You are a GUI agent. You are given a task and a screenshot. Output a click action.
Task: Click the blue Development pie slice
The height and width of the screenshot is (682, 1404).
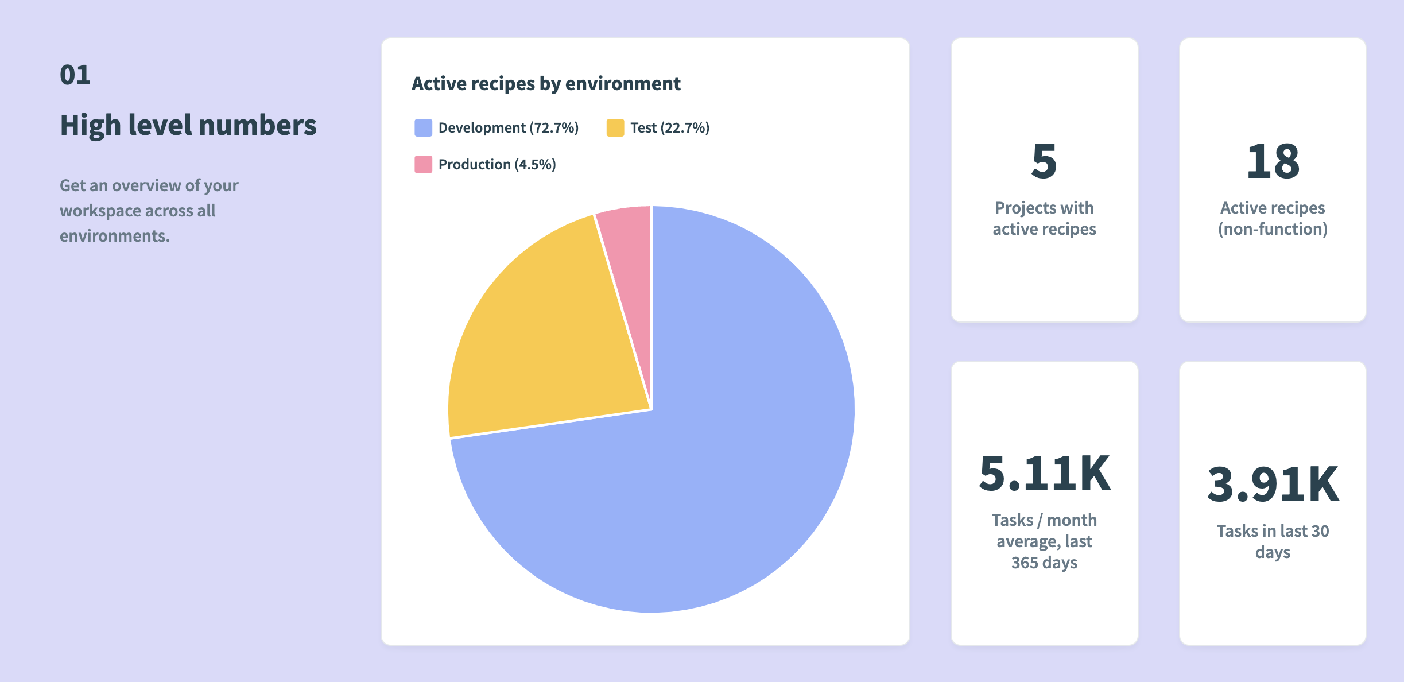717,459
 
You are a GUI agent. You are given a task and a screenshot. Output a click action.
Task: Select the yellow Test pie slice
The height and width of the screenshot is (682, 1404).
545,344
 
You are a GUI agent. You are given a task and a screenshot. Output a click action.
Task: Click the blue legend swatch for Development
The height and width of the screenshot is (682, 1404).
423,127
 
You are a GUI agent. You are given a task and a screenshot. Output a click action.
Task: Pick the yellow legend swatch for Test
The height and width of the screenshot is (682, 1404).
615,127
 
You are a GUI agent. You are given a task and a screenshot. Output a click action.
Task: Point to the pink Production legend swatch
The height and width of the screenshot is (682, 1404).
423,164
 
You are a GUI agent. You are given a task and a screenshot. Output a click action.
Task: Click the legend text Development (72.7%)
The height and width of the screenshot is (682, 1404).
508,127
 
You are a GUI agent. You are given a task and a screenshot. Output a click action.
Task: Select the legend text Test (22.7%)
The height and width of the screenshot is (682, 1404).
669,127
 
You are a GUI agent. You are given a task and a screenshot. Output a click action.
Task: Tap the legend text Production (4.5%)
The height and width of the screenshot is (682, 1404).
497,164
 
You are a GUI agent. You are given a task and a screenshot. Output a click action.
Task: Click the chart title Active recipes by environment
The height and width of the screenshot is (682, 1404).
545,84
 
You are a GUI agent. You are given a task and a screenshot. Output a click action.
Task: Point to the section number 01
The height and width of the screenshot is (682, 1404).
75,75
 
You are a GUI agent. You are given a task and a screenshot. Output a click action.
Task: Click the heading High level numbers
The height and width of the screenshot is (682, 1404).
188,125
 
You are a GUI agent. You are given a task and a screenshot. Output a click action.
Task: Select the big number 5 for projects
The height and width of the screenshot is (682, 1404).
1044,161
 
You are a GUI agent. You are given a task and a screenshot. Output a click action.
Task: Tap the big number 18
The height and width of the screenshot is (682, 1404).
1273,161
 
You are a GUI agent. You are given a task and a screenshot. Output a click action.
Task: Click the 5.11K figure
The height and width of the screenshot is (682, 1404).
1044,474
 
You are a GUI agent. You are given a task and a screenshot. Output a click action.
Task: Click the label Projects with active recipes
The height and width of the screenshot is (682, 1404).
1044,218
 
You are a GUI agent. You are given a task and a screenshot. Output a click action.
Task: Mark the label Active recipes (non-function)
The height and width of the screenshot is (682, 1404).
1273,218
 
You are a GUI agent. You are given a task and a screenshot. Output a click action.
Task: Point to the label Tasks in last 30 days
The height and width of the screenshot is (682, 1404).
1273,541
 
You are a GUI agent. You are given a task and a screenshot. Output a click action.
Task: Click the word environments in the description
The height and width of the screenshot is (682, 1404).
114,236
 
